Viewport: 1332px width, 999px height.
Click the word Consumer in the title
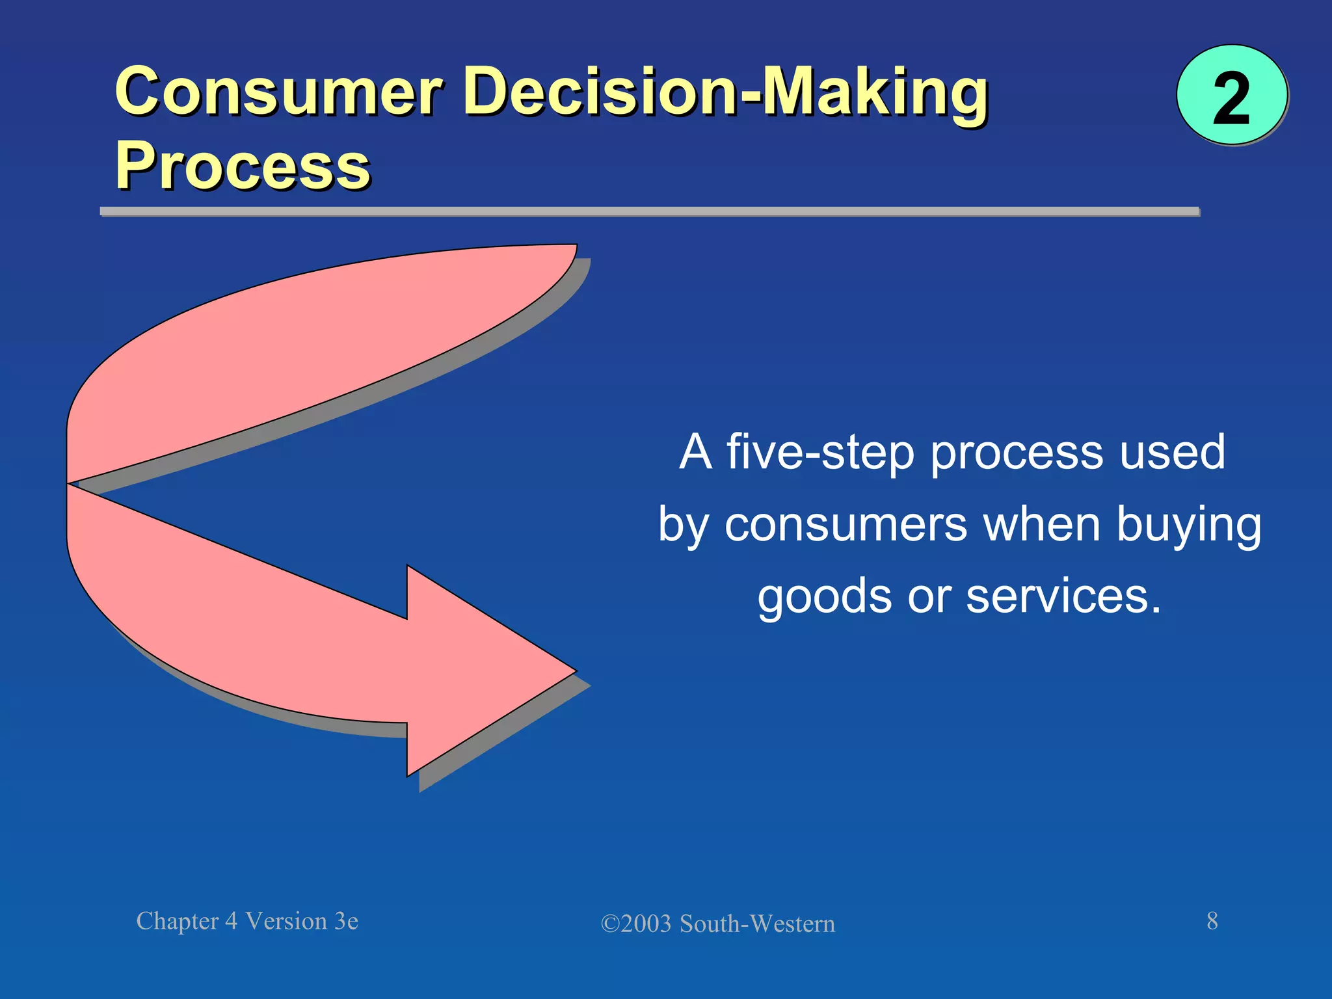(x=280, y=92)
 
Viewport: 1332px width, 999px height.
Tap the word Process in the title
(x=243, y=166)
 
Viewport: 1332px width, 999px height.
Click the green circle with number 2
(x=1231, y=96)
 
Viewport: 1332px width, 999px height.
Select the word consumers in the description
(x=846, y=525)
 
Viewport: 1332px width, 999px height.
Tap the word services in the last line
(x=1063, y=597)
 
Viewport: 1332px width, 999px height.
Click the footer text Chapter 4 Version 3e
(x=247, y=922)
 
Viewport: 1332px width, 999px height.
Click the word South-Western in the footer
(x=757, y=924)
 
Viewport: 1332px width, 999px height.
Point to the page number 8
(x=1212, y=921)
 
